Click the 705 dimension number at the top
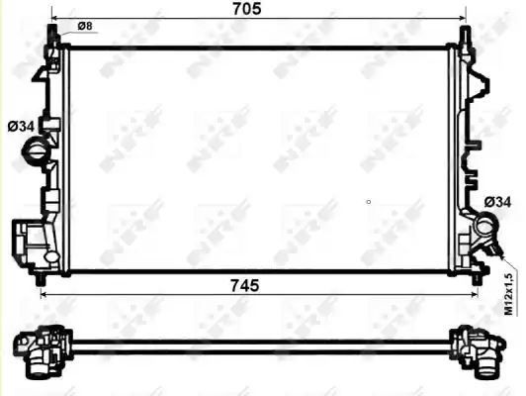click(247, 9)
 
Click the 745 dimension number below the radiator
click(245, 286)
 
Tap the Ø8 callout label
click(85, 26)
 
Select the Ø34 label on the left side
click(21, 127)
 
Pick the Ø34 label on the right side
click(498, 202)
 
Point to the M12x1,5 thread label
click(509, 294)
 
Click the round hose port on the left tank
click(35, 150)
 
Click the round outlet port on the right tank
click(485, 225)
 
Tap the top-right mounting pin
click(464, 35)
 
